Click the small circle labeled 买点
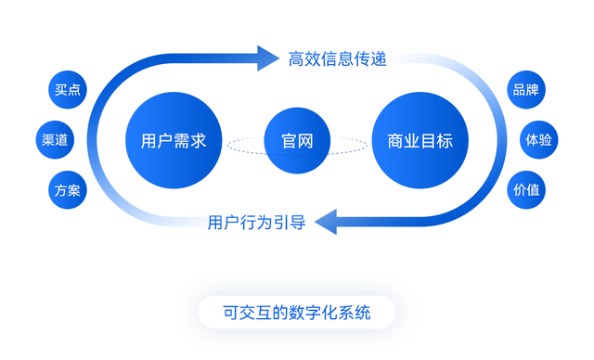[x=67, y=90]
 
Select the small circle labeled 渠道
[x=55, y=140]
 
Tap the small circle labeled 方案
[x=67, y=190]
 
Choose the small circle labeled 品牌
[x=526, y=90]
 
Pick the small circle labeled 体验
[x=538, y=140]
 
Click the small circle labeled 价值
[x=526, y=190]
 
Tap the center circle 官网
[x=296, y=142]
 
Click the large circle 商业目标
[x=420, y=142]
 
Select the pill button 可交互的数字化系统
[x=296, y=313]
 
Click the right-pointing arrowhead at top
[x=268, y=59]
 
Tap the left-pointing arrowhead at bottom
[x=326, y=223]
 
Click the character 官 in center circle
[x=289, y=142]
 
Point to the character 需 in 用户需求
[x=181, y=142]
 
